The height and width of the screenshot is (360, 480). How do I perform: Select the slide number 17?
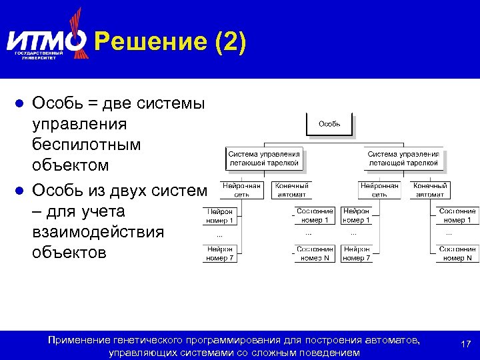[466, 343]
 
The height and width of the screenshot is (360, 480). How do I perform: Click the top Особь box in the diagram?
[329, 123]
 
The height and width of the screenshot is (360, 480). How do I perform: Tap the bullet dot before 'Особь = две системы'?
[20, 104]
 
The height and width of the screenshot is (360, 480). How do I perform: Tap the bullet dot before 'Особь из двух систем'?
[20, 191]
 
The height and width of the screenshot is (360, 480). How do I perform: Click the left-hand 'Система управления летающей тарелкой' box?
[265, 158]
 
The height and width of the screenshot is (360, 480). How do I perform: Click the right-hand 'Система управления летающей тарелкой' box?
[403, 158]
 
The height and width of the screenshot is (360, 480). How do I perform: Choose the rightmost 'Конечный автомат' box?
[430, 190]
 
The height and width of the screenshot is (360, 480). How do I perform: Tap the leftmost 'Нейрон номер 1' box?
[219, 215]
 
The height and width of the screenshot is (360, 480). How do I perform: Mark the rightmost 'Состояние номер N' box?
[457, 253]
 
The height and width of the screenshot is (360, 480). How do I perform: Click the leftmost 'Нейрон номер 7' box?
[219, 253]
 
